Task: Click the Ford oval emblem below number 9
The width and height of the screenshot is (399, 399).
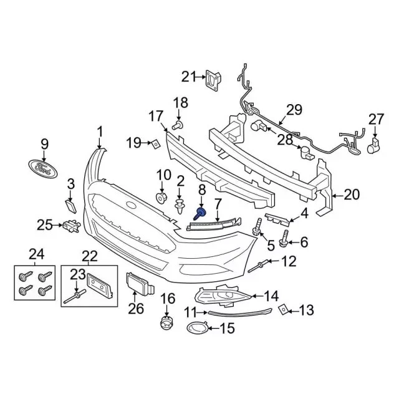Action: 44,168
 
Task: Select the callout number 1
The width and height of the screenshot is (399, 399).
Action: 99,132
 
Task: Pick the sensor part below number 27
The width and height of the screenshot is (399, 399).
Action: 375,147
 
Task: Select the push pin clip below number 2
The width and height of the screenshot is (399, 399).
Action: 181,206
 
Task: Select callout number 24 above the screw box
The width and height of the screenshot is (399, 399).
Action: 37,254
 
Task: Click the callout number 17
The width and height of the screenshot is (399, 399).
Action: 155,116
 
